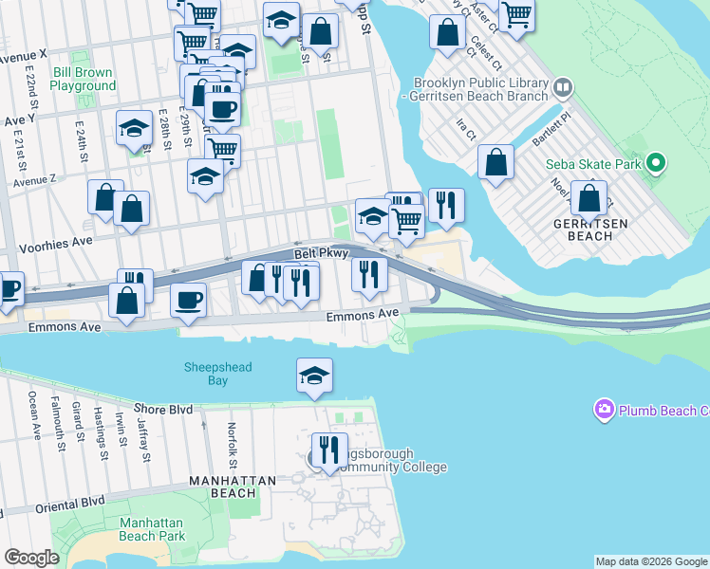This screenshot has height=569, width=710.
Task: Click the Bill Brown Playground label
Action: point(83,79)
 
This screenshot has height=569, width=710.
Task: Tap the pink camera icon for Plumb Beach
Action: point(604,410)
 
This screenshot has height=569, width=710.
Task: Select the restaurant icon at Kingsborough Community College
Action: point(330,450)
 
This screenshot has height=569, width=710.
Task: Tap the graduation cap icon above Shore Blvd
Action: point(314,374)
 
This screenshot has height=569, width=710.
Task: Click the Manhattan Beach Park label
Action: point(152,529)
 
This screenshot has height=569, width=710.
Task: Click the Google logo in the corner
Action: point(31,558)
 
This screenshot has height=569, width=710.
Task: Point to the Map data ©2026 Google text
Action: point(651,561)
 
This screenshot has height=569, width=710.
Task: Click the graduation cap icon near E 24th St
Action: point(134,128)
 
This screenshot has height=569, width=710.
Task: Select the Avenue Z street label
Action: point(34,178)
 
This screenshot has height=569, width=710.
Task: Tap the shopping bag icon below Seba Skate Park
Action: point(589,197)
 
